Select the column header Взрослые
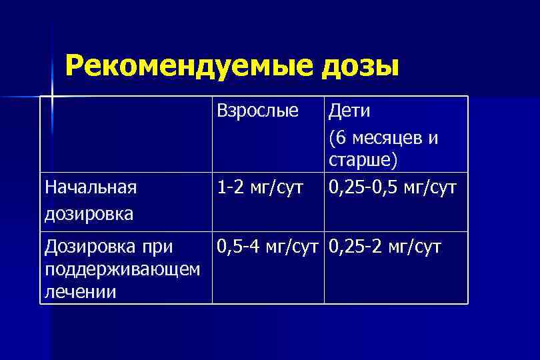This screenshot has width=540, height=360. click(257, 111)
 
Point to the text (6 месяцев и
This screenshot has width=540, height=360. click(383, 138)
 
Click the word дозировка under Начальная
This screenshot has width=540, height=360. click(88, 213)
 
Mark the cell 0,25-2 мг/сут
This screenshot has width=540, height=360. click(385, 248)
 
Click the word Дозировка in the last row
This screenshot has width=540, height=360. click(89, 248)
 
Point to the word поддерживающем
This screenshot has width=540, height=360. click(121, 269)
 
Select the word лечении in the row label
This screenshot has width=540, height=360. click(79, 291)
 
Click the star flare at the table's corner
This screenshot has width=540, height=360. click(50, 97)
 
